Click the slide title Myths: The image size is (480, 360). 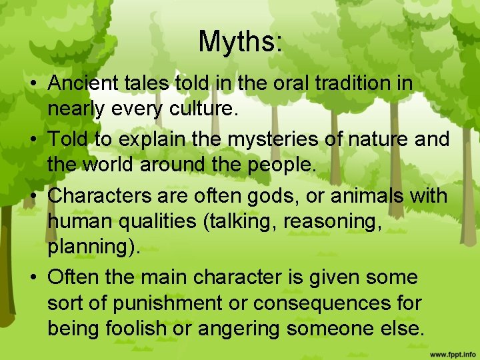(x=240, y=41)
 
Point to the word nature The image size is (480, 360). (x=377, y=141)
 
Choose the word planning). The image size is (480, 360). (x=94, y=248)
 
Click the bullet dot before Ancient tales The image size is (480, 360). (x=32, y=85)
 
